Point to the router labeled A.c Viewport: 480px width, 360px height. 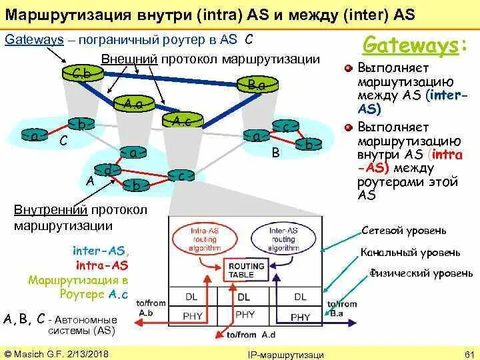pyautogui.click(x=181, y=121)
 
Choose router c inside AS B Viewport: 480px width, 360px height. pyautogui.click(x=286, y=127)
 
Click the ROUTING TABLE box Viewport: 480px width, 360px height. pyautogui.click(x=246, y=270)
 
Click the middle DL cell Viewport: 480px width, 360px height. pyautogui.click(x=244, y=297)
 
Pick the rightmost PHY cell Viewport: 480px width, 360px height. pyautogui.click(x=301, y=317)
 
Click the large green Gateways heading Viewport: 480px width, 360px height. pyautogui.click(x=413, y=45)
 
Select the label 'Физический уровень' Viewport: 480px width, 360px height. pyautogui.click(x=421, y=273)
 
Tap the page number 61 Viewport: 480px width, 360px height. pyautogui.click(x=467, y=353)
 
